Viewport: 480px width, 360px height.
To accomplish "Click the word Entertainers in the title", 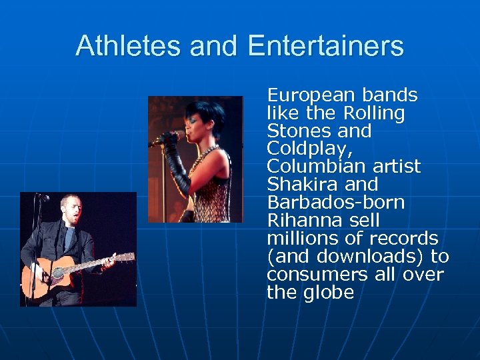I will point(325,46).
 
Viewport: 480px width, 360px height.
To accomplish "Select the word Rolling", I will point(375,113).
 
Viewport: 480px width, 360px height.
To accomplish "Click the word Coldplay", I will point(308,149).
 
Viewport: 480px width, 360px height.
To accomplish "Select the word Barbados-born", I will point(335,202).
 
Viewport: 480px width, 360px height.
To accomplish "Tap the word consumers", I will point(313,274).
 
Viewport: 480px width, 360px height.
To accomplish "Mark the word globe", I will point(328,292).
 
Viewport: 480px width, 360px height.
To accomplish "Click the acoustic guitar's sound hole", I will point(58,273).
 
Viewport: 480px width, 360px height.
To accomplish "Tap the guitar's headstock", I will point(125,257).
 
